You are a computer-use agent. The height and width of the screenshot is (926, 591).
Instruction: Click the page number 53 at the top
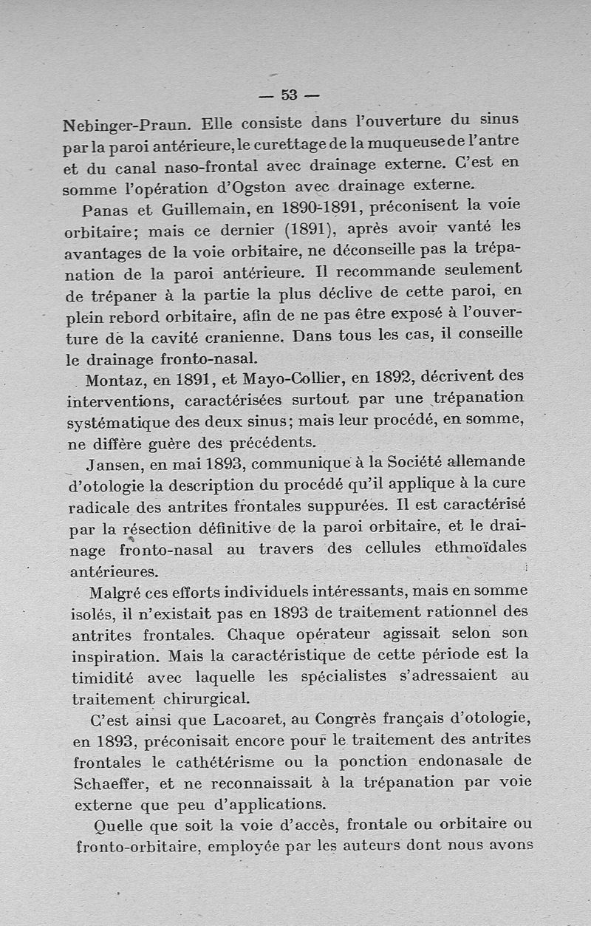click(289, 95)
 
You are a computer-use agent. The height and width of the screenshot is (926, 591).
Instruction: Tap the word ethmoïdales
click(481, 548)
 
